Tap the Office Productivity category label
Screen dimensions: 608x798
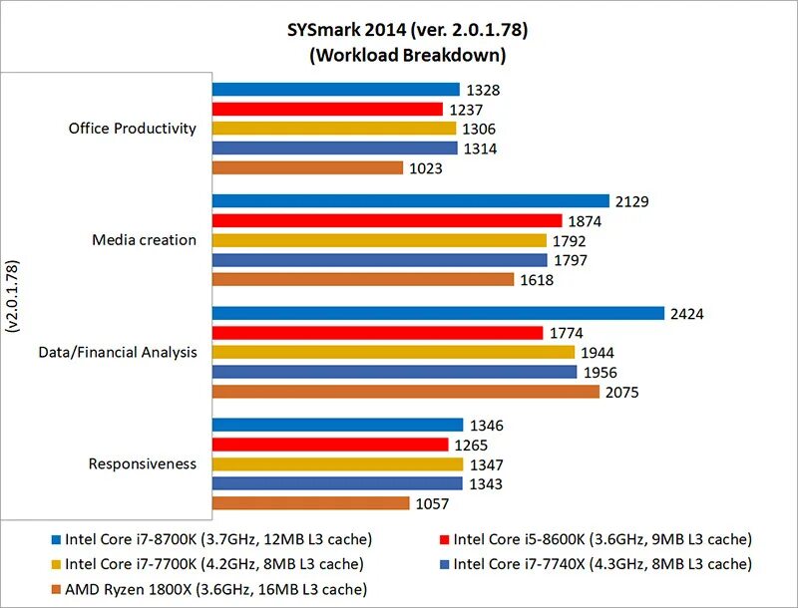[x=133, y=129]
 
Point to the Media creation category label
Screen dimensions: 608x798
[x=144, y=240]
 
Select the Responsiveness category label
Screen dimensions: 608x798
[x=142, y=463]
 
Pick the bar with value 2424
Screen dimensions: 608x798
[x=438, y=313]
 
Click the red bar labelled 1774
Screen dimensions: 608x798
[x=377, y=333]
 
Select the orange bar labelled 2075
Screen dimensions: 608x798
[x=406, y=392]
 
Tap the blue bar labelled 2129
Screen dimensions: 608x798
[x=410, y=201]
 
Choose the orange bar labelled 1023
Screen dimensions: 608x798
[x=307, y=168]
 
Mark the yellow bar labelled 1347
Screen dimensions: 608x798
[x=337, y=464]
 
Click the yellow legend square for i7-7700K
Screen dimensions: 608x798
[x=55, y=565]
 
